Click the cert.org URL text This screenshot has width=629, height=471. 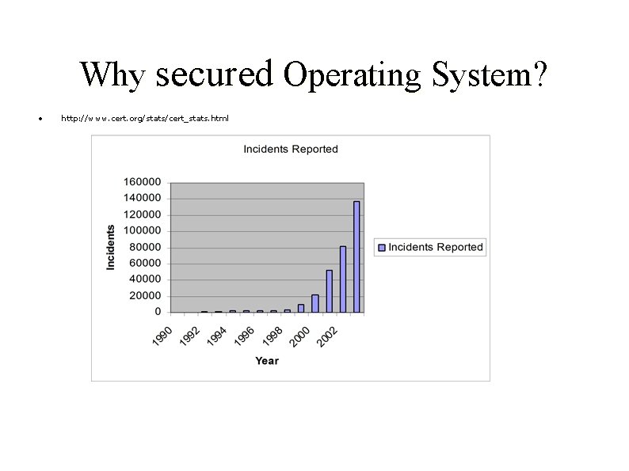click(x=145, y=119)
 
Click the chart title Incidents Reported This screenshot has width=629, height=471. click(x=290, y=149)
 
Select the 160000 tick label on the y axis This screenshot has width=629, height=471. click(x=142, y=181)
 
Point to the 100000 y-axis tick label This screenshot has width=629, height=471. click(x=142, y=230)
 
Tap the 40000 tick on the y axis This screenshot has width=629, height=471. click(x=145, y=279)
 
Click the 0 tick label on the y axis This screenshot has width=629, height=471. click(x=158, y=312)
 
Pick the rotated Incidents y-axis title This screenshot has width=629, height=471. click(x=111, y=247)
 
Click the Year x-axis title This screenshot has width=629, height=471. click(x=267, y=361)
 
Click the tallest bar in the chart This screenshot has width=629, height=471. click(x=356, y=256)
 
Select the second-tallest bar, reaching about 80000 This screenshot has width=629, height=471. click(x=343, y=279)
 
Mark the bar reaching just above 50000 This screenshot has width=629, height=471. click(x=330, y=291)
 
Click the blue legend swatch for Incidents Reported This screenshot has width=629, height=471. click(x=382, y=247)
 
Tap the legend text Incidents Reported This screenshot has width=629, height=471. click(x=435, y=247)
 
